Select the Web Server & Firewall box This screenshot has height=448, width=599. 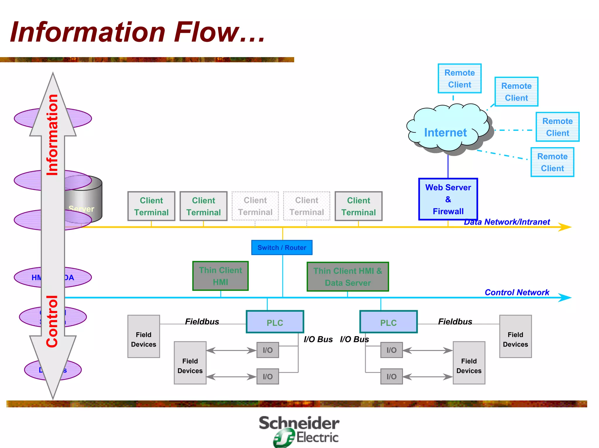coord(448,199)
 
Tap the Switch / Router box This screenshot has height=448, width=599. coord(282,247)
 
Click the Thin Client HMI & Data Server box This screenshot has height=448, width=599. coord(347,277)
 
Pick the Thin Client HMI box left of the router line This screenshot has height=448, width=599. coord(220,276)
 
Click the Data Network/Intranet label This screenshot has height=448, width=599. coord(507,222)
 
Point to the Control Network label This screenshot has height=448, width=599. coord(517,292)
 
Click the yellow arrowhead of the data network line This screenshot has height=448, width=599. coord(565,227)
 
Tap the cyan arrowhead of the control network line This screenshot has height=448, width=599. coord(565,298)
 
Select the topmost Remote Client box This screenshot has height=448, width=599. coord(459,79)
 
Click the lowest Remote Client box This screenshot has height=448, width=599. coord(552,162)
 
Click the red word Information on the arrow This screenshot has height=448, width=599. coord(53,135)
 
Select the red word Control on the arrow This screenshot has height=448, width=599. coord(53,321)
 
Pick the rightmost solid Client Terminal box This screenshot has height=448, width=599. coord(358,206)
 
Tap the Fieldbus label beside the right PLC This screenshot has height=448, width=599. coord(455,322)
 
